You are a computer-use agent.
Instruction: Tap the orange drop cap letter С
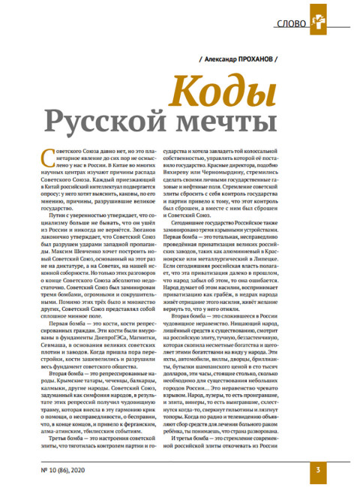[44, 155]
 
